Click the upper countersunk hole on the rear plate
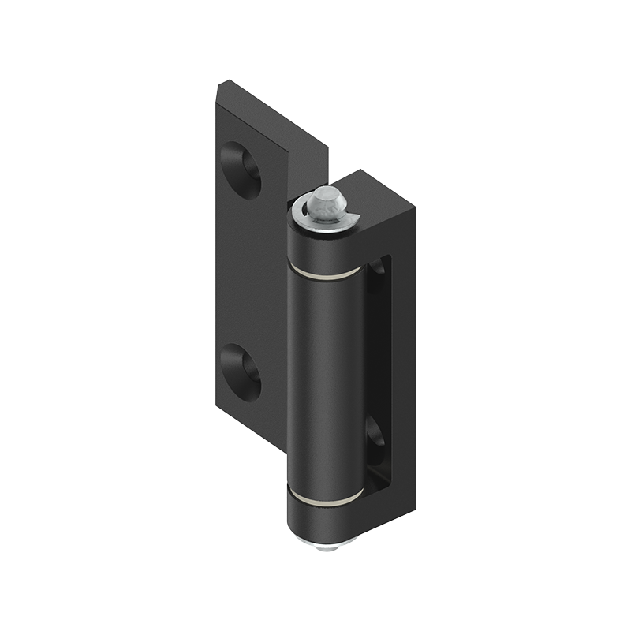pos(243,168)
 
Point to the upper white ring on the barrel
pos(325,273)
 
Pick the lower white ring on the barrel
pos(325,499)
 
